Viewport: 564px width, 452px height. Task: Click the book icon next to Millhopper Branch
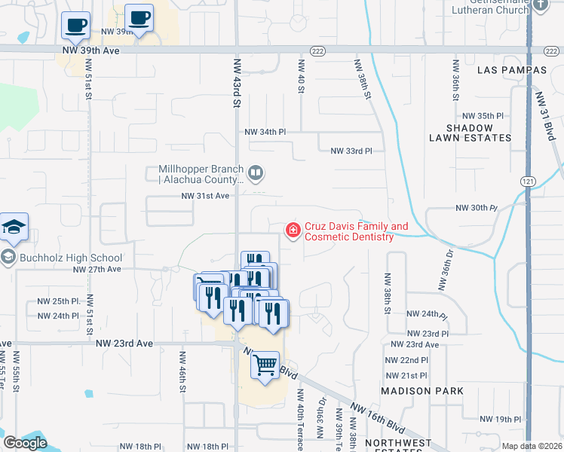[x=256, y=174]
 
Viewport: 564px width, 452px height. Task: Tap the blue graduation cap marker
[x=14, y=227]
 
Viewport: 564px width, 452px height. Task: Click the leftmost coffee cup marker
[x=75, y=26]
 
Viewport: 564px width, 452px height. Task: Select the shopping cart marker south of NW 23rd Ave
[x=265, y=365]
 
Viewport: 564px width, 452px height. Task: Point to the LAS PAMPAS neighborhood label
[x=512, y=70]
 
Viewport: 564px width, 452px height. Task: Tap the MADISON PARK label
[x=422, y=391]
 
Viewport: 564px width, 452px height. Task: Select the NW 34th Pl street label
[x=265, y=132]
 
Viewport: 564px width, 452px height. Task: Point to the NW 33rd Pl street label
[x=351, y=151]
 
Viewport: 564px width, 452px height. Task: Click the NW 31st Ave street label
[x=204, y=196]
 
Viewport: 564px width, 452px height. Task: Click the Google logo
[x=25, y=443]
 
